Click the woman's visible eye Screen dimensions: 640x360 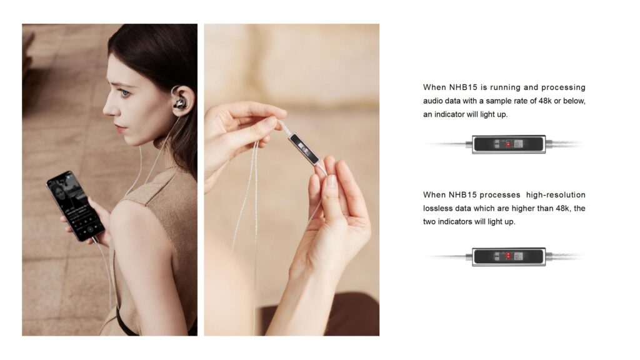point(125,93)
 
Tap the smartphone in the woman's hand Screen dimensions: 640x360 point(76,206)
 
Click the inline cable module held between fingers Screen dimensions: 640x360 point(304,149)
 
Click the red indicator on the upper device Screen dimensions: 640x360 point(508,144)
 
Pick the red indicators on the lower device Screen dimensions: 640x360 point(508,256)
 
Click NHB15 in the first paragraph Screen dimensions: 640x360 point(464,87)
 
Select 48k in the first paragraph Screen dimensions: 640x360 point(545,101)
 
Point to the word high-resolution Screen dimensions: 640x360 point(556,195)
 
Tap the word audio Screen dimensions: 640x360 point(432,101)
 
